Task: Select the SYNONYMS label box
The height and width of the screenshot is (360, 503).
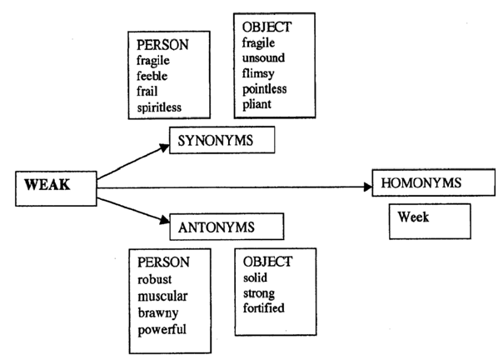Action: [x=222, y=141]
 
